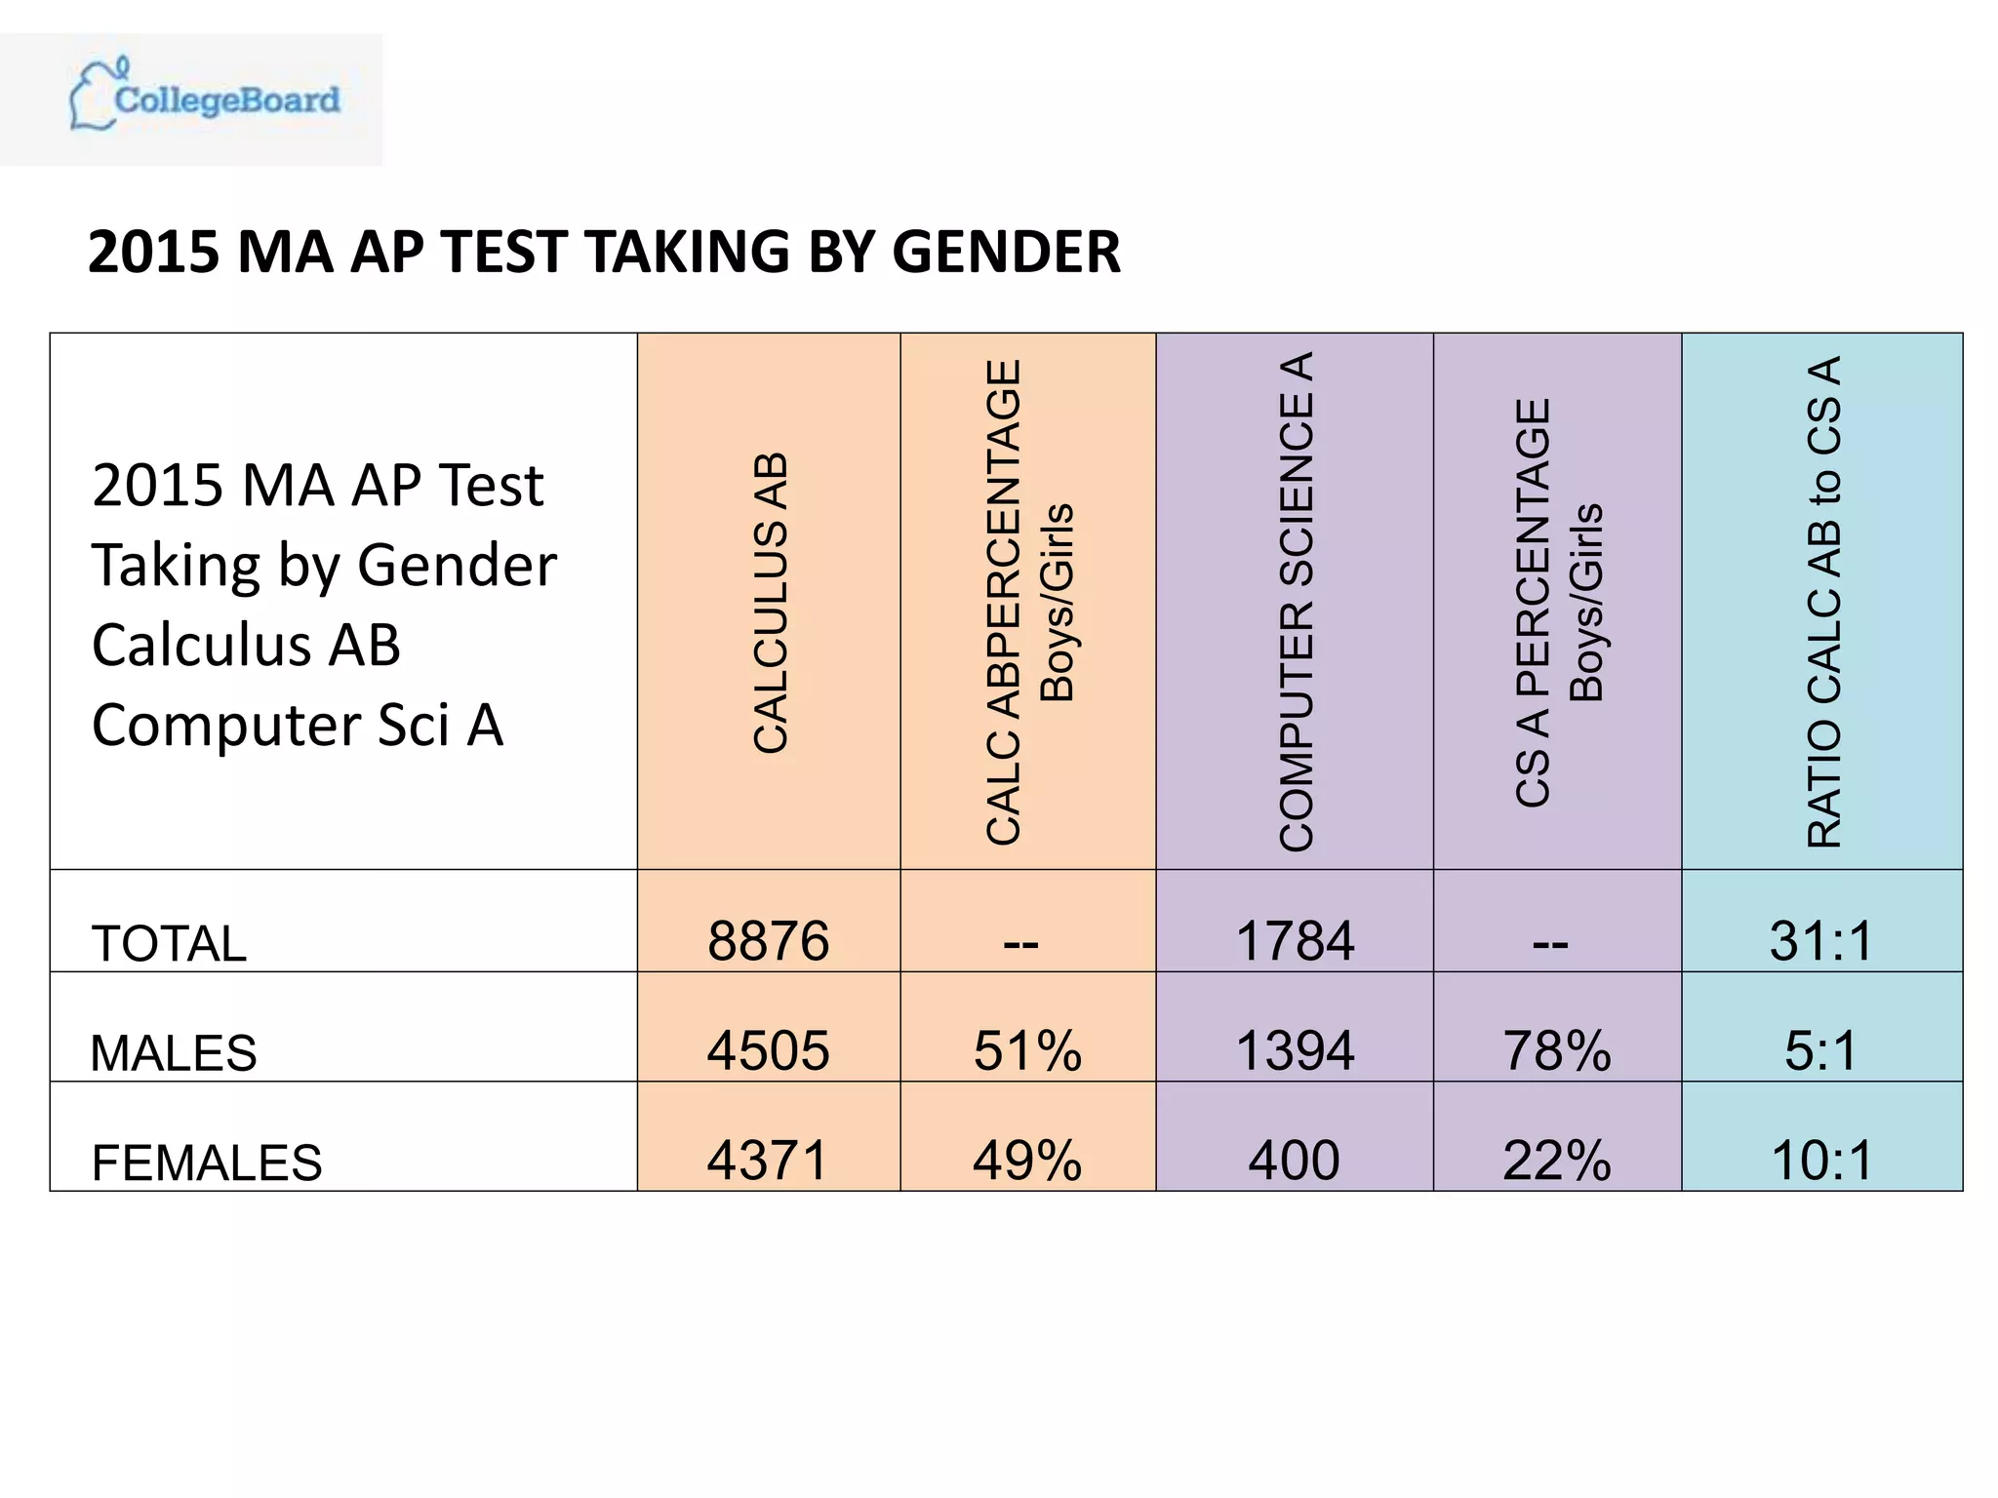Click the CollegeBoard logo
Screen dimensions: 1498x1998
[x=205, y=98]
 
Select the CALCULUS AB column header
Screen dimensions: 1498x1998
[x=770, y=602]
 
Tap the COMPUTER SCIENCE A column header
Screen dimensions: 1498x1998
[x=1296, y=602]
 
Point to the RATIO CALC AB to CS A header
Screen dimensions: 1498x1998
[x=1823, y=602]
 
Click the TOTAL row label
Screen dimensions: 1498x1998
[x=169, y=943]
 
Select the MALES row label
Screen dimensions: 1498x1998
[x=174, y=1052]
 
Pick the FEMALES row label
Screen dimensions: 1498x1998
[x=206, y=1162]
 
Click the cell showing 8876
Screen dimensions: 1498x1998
[x=768, y=941]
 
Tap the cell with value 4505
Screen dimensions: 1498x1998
[x=768, y=1050]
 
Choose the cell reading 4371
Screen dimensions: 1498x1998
[x=768, y=1160]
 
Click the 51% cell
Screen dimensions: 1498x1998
[x=1027, y=1050]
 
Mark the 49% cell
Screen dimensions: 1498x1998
[x=1027, y=1160]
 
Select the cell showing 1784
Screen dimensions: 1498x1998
[x=1295, y=941]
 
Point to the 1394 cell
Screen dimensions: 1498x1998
[x=1295, y=1050]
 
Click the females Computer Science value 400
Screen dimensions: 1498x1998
[x=1295, y=1160]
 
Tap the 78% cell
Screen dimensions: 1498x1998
[x=1557, y=1050]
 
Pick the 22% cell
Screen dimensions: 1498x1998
[x=1557, y=1160]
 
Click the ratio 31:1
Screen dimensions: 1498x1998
[x=1821, y=941]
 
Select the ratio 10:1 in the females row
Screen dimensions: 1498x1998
[x=1821, y=1160]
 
